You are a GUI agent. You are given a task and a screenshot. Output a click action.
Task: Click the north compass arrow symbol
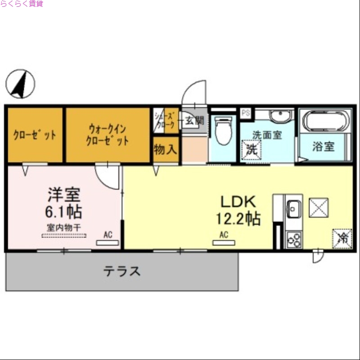click(20, 84)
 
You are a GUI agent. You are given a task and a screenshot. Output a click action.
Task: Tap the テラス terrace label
click(122, 271)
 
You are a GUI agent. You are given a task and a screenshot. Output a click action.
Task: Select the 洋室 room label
click(64, 194)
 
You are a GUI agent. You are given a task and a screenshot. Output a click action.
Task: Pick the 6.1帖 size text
click(64, 211)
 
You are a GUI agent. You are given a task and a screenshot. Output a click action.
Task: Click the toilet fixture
click(223, 130)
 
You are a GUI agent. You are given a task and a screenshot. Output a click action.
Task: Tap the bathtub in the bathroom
click(324, 121)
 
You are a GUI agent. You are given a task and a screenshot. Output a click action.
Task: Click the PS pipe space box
click(245, 113)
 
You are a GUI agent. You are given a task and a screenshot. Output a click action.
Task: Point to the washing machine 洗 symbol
click(250, 149)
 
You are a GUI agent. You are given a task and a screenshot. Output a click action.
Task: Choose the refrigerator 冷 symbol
click(342, 238)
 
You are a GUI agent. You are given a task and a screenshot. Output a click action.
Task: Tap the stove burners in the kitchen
click(294, 240)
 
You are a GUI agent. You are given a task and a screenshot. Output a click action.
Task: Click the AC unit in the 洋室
click(108, 243)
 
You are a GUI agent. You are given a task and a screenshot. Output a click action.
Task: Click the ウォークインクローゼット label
click(108, 135)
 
